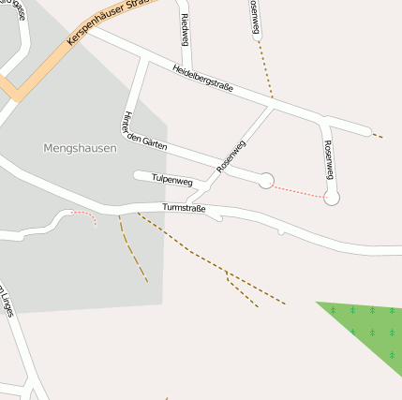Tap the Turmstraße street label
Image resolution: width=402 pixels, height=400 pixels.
coord(184,207)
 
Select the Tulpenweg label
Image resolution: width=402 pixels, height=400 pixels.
coord(171,179)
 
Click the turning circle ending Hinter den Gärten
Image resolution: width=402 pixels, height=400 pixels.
coord(266,180)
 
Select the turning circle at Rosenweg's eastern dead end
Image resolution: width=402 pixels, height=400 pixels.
coord(331,198)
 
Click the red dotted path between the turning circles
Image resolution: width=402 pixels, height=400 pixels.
coord(299,189)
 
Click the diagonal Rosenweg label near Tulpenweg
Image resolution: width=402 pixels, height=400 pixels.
coord(231,156)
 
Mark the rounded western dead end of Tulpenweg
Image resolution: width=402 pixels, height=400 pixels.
coord(138,174)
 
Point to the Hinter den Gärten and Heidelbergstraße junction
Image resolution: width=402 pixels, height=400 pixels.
coord(145,59)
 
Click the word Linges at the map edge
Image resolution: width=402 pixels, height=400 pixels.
coord(8,301)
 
